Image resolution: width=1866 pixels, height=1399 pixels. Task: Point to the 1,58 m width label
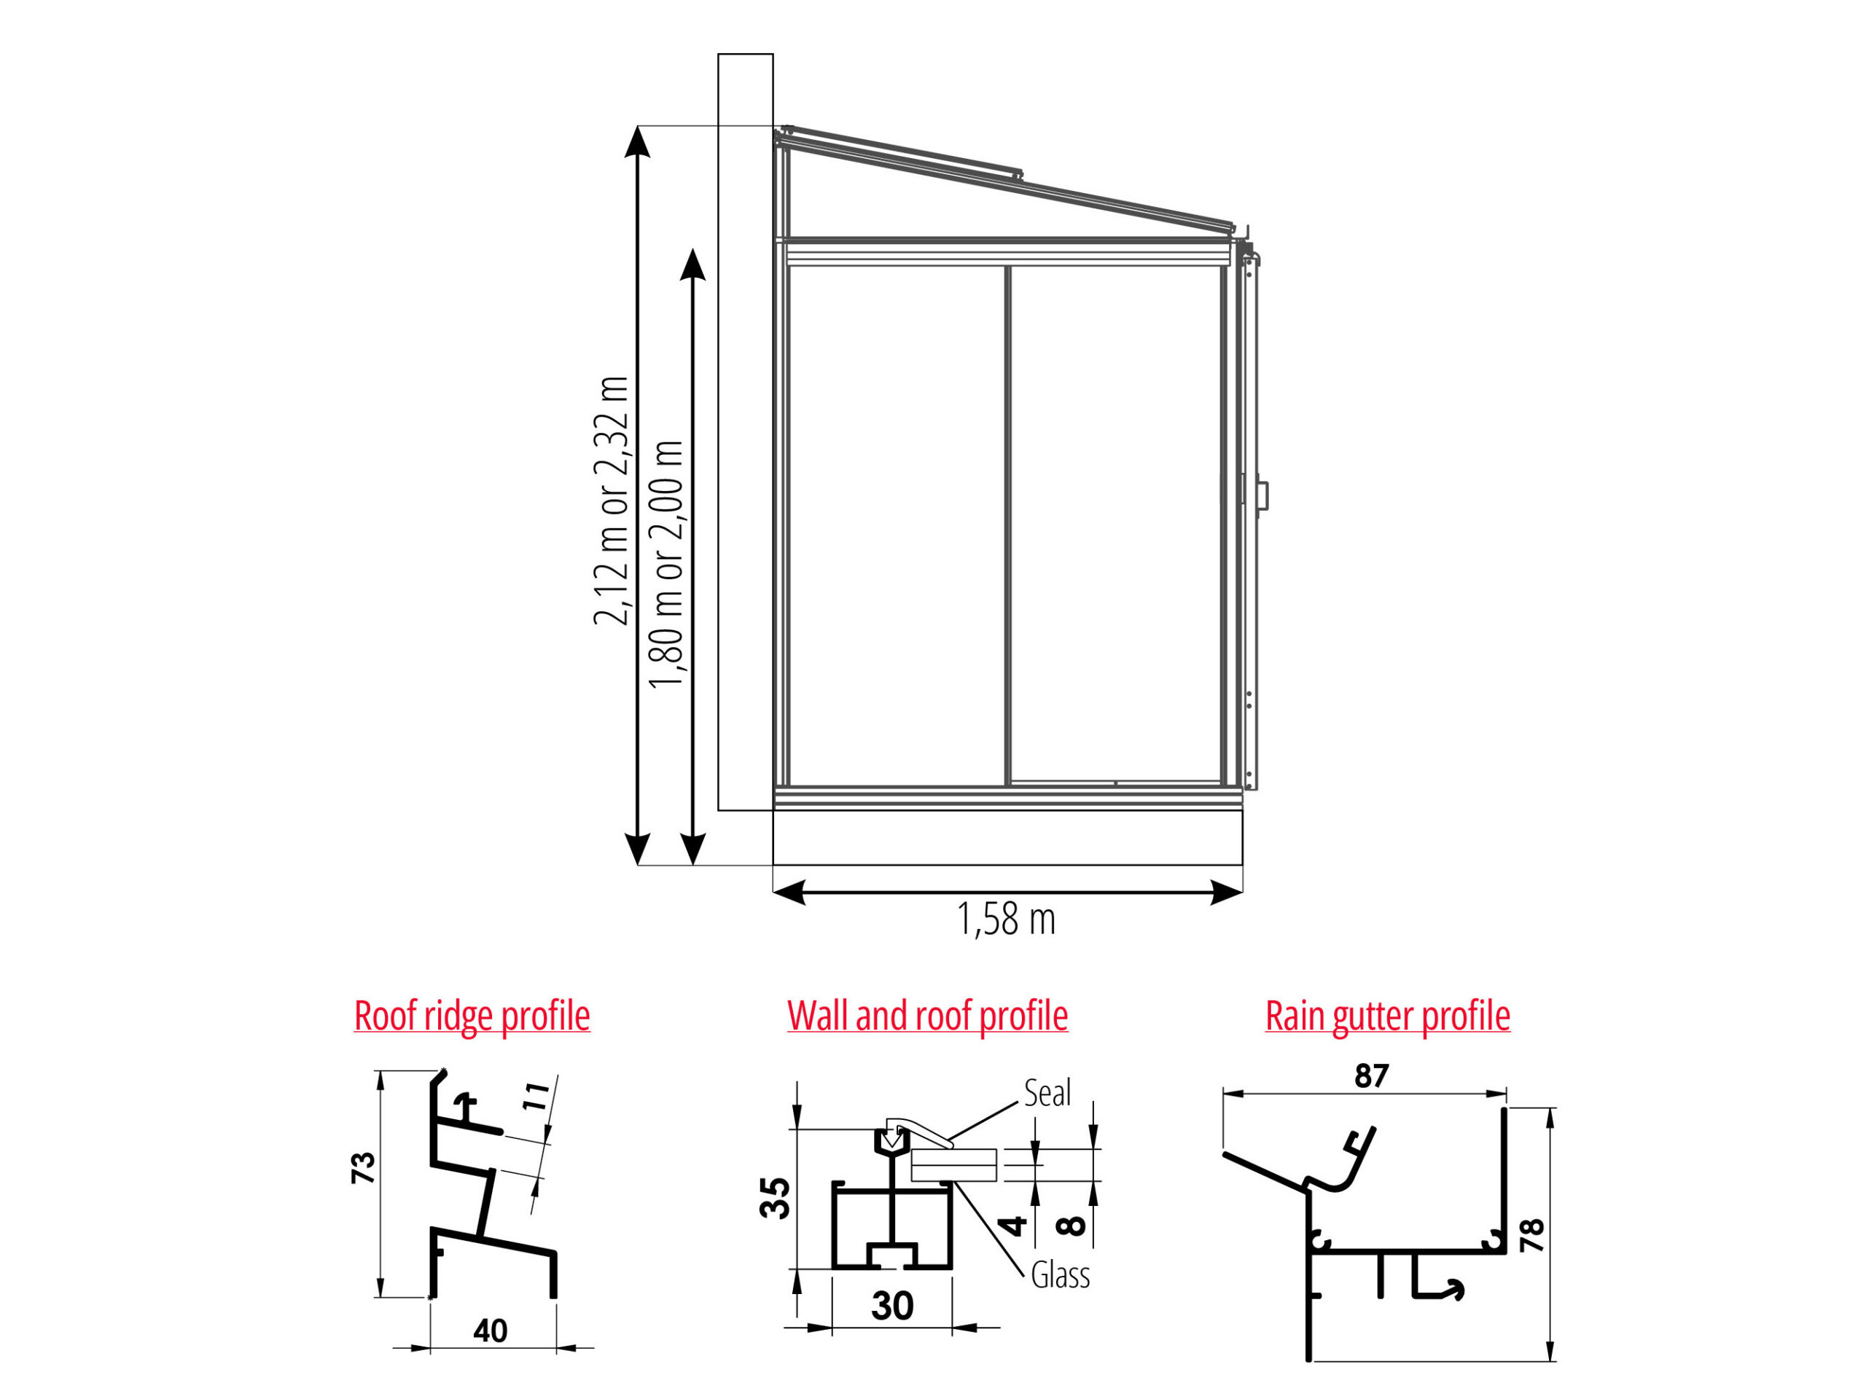pos(1007,919)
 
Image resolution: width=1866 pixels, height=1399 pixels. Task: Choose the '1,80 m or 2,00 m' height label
pos(665,564)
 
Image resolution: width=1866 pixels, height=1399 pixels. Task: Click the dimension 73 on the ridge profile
pos(364,1168)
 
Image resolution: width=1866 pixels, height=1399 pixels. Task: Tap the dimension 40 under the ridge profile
pos(490,1330)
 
